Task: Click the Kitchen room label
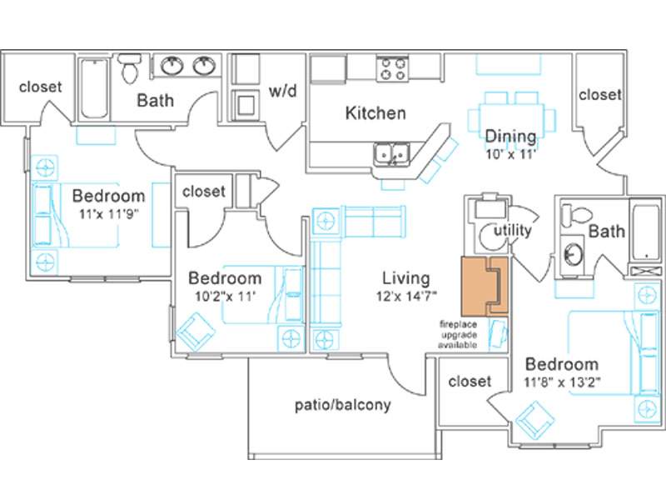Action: (x=375, y=112)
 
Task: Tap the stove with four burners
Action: (x=392, y=69)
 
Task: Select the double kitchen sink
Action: (x=391, y=154)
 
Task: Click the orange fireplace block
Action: (x=485, y=287)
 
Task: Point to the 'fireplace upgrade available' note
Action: (x=458, y=335)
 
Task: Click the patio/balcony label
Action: (x=343, y=405)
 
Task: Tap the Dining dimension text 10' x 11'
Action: (x=509, y=154)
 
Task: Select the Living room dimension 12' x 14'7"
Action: (x=406, y=296)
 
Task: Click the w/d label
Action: (x=282, y=91)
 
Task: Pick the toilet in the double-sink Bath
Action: (x=129, y=68)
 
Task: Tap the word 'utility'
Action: (x=513, y=231)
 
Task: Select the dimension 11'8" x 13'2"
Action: (x=562, y=382)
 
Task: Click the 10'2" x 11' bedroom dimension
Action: (x=225, y=296)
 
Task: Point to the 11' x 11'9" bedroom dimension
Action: (x=109, y=213)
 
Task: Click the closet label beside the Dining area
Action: (x=599, y=94)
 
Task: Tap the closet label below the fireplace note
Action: (x=470, y=381)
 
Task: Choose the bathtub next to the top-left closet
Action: (x=95, y=88)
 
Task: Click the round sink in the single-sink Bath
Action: (x=573, y=254)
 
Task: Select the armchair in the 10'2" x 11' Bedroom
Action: (x=196, y=332)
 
